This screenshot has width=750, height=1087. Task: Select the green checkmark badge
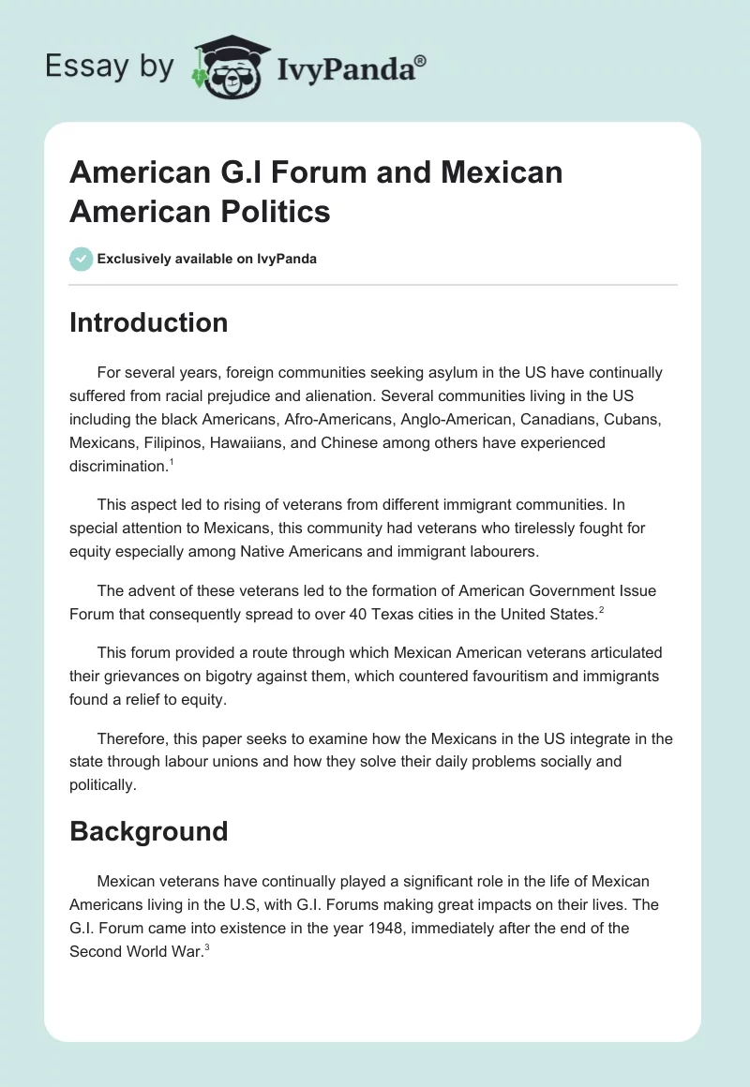[x=82, y=259]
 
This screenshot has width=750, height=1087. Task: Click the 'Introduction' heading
[x=148, y=322]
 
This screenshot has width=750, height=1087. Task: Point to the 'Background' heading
[x=148, y=831]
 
